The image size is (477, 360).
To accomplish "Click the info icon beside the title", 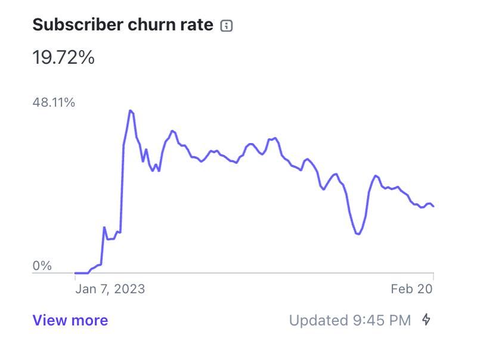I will click(x=226, y=26).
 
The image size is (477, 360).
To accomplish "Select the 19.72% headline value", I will click(x=63, y=58).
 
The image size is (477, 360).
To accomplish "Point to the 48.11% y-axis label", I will click(x=54, y=103).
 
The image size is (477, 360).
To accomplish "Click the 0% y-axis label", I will click(x=42, y=266).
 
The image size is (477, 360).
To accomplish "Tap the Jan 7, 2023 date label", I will click(x=110, y=289).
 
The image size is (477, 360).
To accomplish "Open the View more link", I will click(x=70, y=321).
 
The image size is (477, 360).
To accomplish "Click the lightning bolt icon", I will click(x=426, y=320).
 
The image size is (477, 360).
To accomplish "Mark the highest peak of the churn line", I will click(x=130, y=110).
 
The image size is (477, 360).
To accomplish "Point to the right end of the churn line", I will click(x=433, y=206).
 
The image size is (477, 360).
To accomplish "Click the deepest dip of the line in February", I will click(x=358, y=234).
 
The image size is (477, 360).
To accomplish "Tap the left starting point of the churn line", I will click(x=75, y=273).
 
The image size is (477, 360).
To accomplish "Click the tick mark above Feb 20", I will click(x=433, y=276).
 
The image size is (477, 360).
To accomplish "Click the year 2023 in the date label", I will click(x=129, y=289).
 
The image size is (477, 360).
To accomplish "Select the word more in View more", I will click(x=90, y=321).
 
